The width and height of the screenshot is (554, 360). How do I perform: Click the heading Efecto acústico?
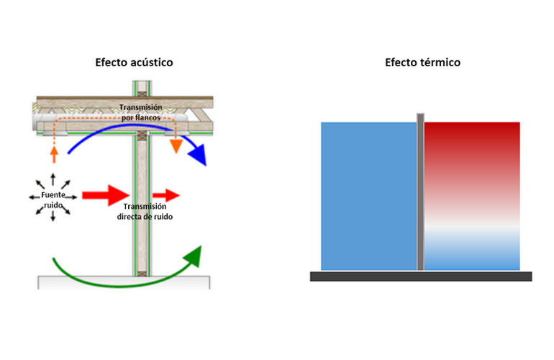point(134,63)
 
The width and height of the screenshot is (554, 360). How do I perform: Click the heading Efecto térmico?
point(422,63)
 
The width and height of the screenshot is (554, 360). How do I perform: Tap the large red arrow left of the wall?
point(106,195)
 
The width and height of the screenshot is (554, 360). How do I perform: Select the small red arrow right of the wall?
point(166,195)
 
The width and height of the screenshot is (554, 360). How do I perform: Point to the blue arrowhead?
point(199,155)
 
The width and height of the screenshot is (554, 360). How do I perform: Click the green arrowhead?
point(194,256)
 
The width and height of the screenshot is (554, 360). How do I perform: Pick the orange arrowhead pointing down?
point(176,146)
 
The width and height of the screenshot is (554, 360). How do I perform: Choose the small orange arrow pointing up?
point(54,155)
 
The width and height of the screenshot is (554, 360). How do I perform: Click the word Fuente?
point(53,195)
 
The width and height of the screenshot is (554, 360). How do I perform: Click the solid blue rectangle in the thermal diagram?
point(369,197)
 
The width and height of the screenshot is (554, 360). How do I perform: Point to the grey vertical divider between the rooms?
point(420,192)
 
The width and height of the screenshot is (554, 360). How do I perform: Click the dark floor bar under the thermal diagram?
point(421,276)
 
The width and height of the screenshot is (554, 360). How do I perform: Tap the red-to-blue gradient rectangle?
point(472,197)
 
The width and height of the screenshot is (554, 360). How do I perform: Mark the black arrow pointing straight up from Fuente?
point(53,179)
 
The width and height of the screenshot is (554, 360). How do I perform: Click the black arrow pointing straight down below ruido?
point(53,216)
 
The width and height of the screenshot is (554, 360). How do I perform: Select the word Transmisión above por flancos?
point(140,107)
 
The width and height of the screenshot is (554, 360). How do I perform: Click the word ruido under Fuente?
point(53,205)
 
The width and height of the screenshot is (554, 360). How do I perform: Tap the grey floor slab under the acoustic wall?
point(124,282)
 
